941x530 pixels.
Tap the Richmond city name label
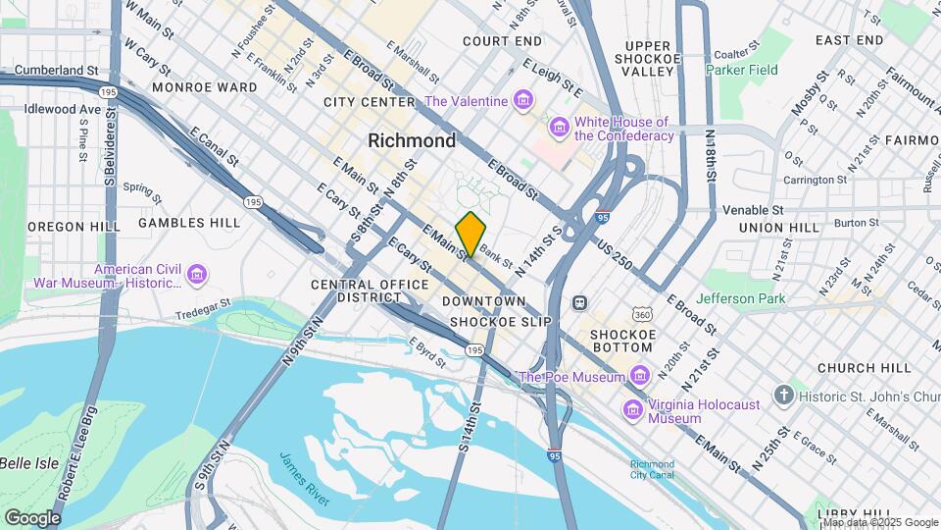click(412, 140)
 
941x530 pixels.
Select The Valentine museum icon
click(523, 101)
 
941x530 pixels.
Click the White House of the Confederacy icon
click(560, 128)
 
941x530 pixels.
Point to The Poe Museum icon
click(640, 376)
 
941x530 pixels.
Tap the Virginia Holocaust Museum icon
click(633, 409)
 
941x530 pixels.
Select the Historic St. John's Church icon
click(782, 395)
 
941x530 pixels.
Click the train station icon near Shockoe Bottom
click(579, 302)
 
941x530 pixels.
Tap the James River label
click(304, 478)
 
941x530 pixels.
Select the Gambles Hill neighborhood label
click(189, 223)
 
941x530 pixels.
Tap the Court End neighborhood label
click(502, 41)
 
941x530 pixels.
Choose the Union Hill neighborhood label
click(778, 228)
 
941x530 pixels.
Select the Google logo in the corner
click(32, 518)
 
